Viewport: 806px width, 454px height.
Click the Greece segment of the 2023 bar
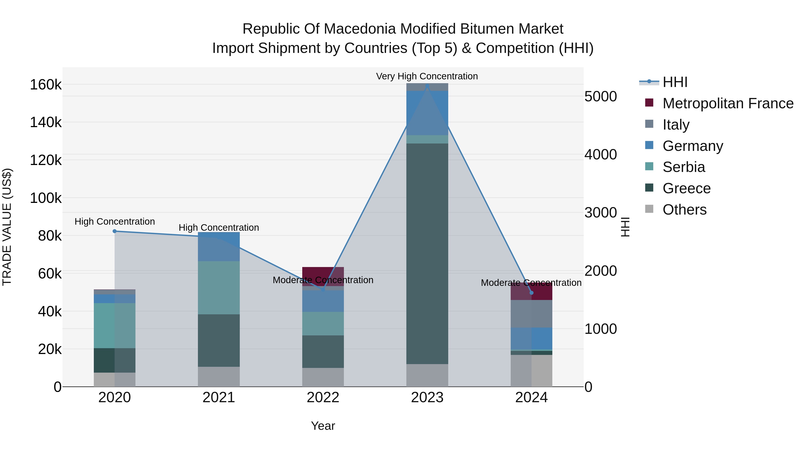[x=427, y=254]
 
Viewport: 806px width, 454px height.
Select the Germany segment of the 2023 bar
[x=427, y=113]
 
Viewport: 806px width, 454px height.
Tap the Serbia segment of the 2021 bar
[x=219, y=288]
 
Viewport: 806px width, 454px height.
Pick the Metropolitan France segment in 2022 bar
[x=323, y=273]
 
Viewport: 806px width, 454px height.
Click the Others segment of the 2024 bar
[x=531, y=371]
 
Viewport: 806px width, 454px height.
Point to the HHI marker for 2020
[x=114, y=231]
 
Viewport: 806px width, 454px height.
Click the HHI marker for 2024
[x=531, y=293]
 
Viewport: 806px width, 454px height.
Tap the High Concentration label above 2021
[x=219, y=228]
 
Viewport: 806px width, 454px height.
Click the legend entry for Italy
[x=676, y=125]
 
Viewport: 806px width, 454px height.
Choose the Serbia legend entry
[x=684, y=167]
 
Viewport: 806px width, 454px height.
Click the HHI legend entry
[x=675, y=82]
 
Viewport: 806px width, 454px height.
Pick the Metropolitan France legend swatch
[x=649, y=103]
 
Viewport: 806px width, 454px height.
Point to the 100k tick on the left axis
[x=46, y=198]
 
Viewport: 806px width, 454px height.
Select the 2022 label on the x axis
[x=323, y=398]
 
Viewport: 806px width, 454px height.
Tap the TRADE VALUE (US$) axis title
[x=7, y=227]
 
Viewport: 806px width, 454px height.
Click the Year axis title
[x=323, y=426]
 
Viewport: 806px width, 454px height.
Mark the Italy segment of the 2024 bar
[x=531, y=314]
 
